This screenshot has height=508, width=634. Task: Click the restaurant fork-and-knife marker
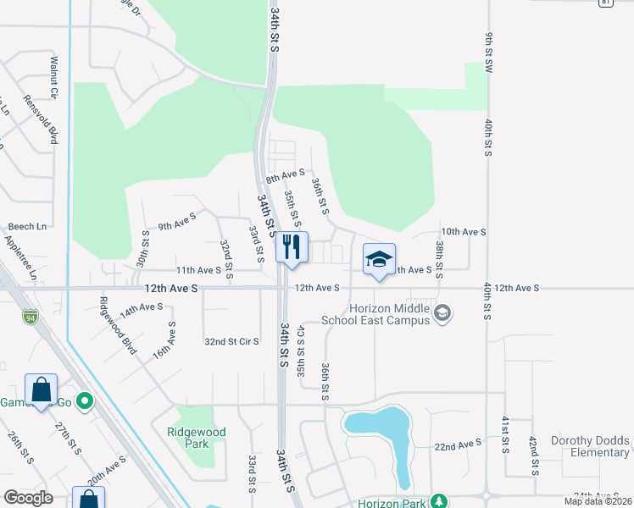coord(292,246)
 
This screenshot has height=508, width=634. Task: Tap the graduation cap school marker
coord(379,259)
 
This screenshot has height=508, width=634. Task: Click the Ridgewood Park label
coord(196,438)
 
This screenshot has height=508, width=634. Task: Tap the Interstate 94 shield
coord(30,317)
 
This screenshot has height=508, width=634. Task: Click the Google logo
coord(28,498)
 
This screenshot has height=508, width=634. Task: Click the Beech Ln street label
coord(27,227)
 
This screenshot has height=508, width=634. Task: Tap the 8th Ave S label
coord(285,176)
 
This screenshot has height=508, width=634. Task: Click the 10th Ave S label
coord(463,231)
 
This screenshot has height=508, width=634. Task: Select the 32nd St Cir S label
coord(231,341)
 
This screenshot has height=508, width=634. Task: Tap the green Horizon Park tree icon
coord(439,502)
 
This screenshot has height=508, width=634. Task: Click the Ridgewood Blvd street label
coord(117,325)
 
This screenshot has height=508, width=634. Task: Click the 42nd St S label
coord(533,456)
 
